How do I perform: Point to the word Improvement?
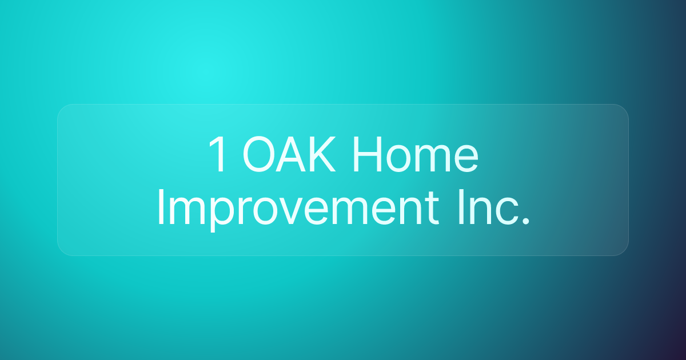[x=298, y=207]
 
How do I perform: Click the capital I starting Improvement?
[x=161, y=207]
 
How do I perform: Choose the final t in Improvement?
[x=432, y=209]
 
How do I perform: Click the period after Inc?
[x=526, y=222]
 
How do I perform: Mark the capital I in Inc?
[x=461, y=207]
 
